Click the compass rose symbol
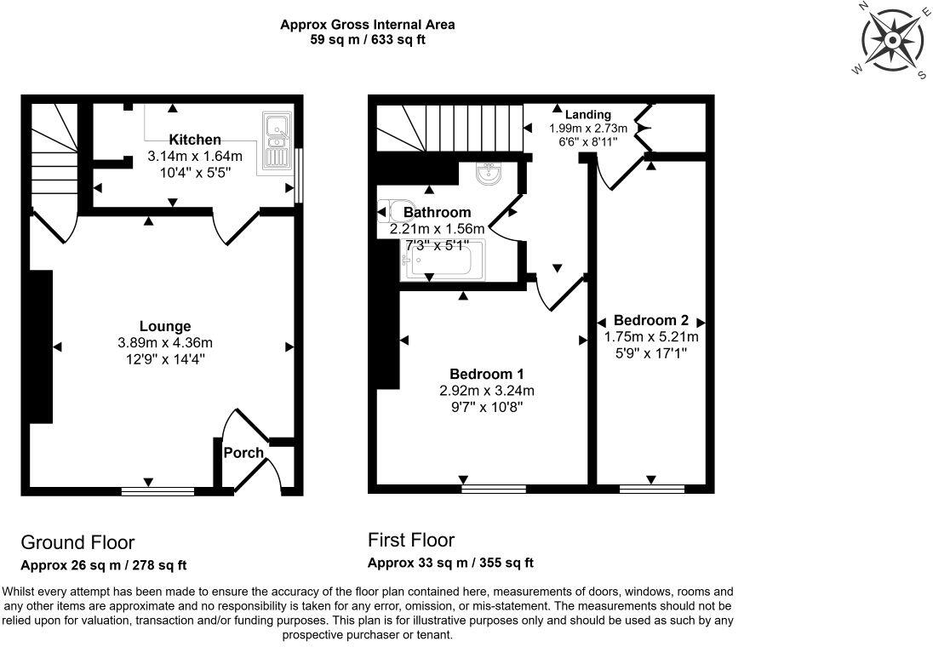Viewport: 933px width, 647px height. pos(892,41)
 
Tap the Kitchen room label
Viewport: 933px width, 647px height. pos(195,140)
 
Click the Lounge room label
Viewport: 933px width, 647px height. pos(165,326)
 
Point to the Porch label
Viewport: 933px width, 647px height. pos(243,452)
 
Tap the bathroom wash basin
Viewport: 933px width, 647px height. pos(489,174)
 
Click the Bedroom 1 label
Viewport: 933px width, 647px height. pos(486,374)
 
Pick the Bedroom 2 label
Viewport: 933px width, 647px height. pos(650,321)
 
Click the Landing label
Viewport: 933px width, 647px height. pos(588,114)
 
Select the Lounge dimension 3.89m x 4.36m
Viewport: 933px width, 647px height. pos(165,342)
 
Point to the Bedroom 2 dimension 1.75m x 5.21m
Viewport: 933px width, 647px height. pos(650,337)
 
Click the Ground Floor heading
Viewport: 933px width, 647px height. pos(77,542)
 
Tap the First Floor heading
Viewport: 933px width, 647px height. pos(411,540)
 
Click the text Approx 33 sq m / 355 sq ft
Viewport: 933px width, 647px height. pos(450,563)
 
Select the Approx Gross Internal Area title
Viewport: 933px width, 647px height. pos(367,25)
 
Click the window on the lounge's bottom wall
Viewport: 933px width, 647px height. pos(157,490)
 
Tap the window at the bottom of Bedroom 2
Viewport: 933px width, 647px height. pos(652,490)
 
